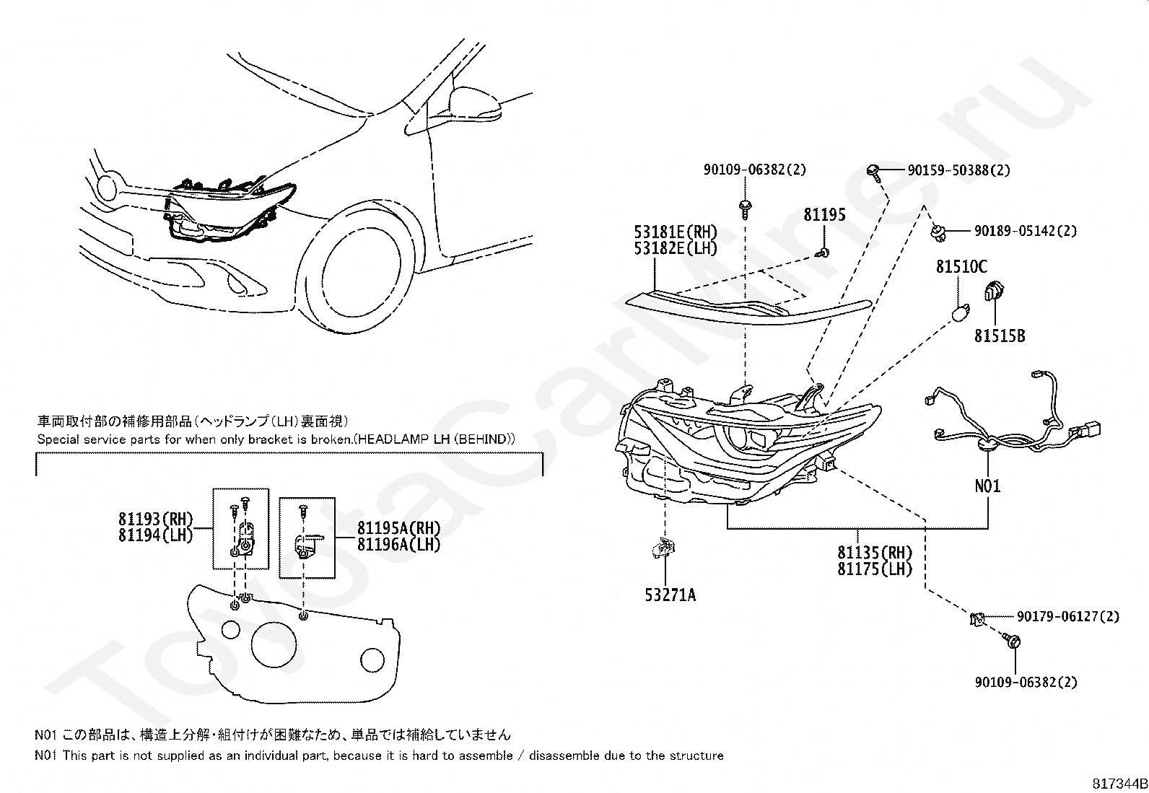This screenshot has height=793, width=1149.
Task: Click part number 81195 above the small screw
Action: [825, 214]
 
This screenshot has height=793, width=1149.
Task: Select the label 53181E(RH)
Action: [676, 232]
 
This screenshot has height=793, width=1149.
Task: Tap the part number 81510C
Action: [961, 267]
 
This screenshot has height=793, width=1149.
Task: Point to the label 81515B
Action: [1000, 336]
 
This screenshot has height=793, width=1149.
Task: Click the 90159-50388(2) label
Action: [958, 170]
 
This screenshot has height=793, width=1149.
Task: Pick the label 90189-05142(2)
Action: [1025, 231]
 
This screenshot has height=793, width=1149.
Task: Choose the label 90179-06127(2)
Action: [1068, 616]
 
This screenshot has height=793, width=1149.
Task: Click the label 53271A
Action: [670, 595]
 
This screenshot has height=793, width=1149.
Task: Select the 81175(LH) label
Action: [875, 569]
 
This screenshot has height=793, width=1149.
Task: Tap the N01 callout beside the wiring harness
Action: [987, 486]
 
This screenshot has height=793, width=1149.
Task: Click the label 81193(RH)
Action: [157, 518]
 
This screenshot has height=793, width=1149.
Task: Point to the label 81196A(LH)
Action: [398, 544]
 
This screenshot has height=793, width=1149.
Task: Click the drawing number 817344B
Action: [1119, 784]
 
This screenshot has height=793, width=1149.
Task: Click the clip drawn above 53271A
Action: [663, 550]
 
